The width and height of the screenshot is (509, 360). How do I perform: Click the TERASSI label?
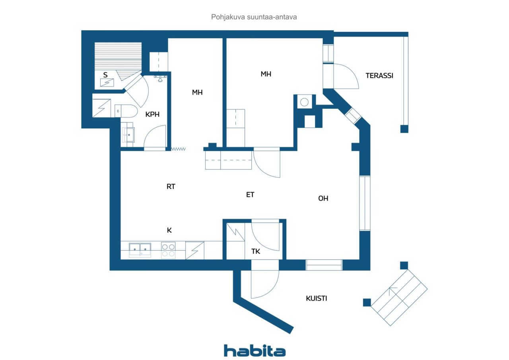click(379, 75)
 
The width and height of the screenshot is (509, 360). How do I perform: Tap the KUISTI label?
click(316, 298)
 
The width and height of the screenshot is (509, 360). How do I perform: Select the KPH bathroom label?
click(152, 114)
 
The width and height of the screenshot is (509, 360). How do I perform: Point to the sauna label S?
click(105, 75)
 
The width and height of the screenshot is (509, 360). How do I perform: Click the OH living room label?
click(323, 198)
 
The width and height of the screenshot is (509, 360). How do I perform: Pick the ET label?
click(250, 195)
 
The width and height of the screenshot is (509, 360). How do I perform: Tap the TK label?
click(256, 251)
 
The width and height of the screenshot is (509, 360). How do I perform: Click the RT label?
click(171, 187)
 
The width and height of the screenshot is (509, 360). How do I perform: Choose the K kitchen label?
click(169, 230)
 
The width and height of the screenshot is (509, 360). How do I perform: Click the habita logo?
click(255, 351)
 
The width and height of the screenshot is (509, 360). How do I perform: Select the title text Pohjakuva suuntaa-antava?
click(254, 17)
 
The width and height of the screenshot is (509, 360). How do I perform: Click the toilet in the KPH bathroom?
click(126, 111)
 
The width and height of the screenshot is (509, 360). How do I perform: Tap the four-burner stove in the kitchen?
click(168, 250)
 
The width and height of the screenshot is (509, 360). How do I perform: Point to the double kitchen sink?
click(140, 250)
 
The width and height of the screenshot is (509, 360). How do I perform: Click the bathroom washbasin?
click(128, 135)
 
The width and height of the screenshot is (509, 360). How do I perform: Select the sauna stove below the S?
click(107, 82)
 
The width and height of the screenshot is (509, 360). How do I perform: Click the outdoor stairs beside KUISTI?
click(399, 298)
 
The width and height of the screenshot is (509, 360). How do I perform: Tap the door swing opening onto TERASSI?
click(346, 76)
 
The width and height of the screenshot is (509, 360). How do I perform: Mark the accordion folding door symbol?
click(179, 149)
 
